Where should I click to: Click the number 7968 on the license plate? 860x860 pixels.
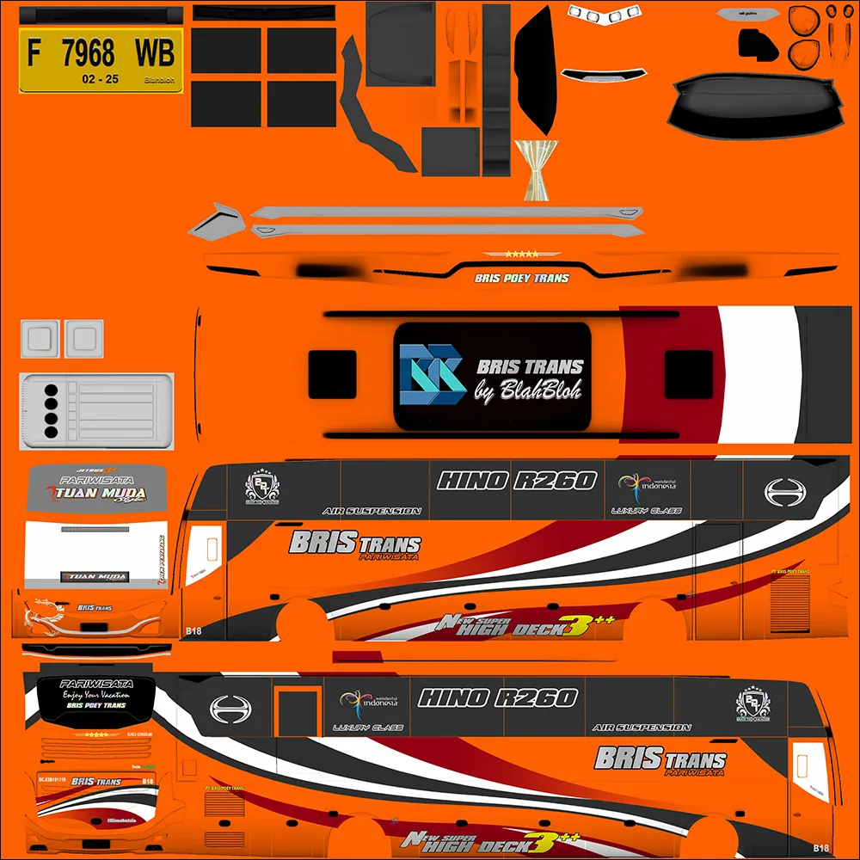88,53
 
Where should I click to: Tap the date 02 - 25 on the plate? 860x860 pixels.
101,79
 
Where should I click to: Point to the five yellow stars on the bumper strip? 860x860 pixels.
522,254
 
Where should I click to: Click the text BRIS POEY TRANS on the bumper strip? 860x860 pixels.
521,279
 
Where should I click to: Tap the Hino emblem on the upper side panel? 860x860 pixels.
783,492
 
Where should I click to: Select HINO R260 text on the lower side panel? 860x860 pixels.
497,697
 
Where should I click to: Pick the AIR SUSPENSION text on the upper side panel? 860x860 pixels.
372,511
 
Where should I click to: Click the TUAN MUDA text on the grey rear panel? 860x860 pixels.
101,494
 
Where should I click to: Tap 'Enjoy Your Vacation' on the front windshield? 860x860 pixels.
95,694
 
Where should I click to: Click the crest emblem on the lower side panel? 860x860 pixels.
752,703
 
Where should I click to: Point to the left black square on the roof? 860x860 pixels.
332,374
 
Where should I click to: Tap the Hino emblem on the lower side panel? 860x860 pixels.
230,709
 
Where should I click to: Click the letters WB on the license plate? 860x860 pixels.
155,53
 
